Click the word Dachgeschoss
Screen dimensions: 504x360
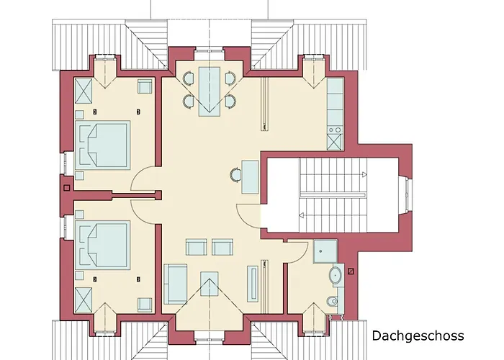tap(418, 336)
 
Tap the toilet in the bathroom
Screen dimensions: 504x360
tap(332, 302)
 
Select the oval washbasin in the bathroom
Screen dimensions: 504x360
tap(336, 276)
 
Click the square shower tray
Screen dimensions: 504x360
tap(325, 251)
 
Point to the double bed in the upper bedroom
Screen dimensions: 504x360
tap(102, 145)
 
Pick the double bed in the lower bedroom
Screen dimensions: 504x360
tap(102, 245)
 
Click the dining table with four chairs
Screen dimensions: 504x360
tap(210, 91)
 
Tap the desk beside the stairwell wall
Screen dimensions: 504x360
tap(250, 177)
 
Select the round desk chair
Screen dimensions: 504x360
tap(236, 175)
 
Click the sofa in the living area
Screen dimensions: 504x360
tap(175, 284)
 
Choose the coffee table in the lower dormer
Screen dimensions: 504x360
tap(210, 284)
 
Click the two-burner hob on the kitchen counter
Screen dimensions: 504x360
tap(335, 130)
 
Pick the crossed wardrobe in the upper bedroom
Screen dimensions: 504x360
tap(84, 91)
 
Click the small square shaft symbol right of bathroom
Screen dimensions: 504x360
tap(351, 271)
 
